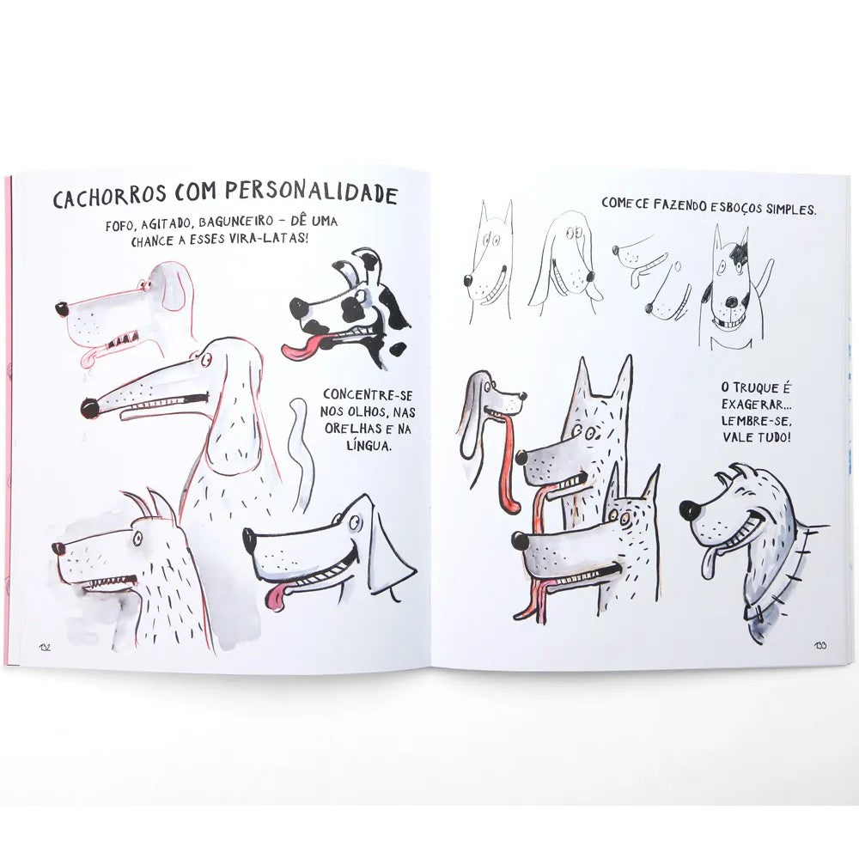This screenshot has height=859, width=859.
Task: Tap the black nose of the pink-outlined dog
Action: point(62,308)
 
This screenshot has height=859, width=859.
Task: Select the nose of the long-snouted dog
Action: point(88,406)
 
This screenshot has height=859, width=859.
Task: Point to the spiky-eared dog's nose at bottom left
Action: point(58,548)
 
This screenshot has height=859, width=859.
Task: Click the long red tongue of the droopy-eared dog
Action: point(506,464)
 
